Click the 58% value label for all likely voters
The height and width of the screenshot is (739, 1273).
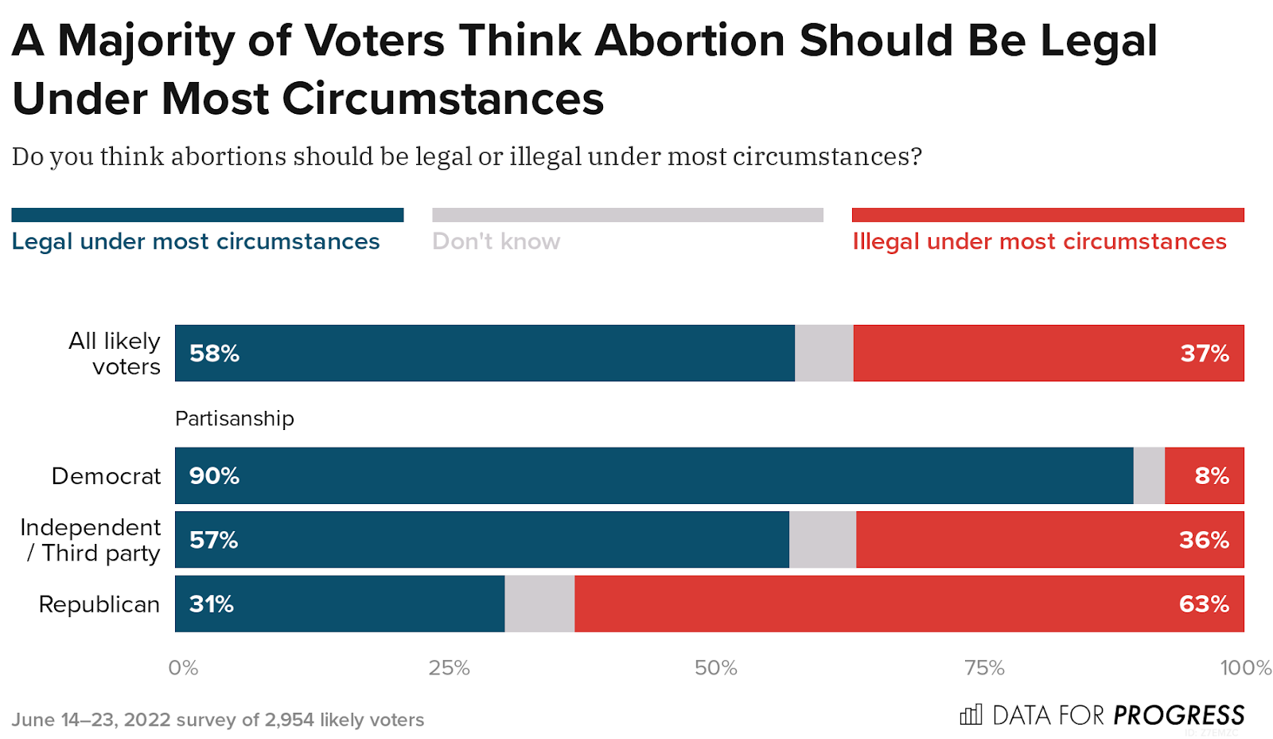214,354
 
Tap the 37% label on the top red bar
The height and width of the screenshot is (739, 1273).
1205,354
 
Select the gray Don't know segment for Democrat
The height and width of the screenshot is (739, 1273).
1149,475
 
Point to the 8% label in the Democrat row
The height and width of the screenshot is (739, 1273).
1212,476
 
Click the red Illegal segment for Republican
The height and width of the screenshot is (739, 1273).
909,604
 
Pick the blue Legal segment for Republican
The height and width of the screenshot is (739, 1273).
340,604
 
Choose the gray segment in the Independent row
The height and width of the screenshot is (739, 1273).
823,540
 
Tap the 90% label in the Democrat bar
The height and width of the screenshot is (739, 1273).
214,476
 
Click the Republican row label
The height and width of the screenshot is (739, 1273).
99,604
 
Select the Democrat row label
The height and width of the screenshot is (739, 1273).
106,476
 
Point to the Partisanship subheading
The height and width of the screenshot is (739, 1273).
235,419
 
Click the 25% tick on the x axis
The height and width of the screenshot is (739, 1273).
449,667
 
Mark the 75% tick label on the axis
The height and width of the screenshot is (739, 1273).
984,667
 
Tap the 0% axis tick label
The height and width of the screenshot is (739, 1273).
183,667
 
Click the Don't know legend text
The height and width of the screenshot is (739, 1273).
496,241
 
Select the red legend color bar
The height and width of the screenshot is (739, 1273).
1047,215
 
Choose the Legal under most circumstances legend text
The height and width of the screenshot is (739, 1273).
196,241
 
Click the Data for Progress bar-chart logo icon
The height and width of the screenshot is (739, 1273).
971,714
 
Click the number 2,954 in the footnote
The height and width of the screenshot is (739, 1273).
289,720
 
